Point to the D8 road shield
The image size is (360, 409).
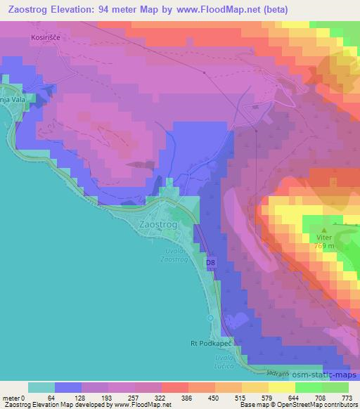210,263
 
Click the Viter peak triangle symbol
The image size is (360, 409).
324,229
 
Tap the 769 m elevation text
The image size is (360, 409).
324,246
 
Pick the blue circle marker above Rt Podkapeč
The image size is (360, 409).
210,319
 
